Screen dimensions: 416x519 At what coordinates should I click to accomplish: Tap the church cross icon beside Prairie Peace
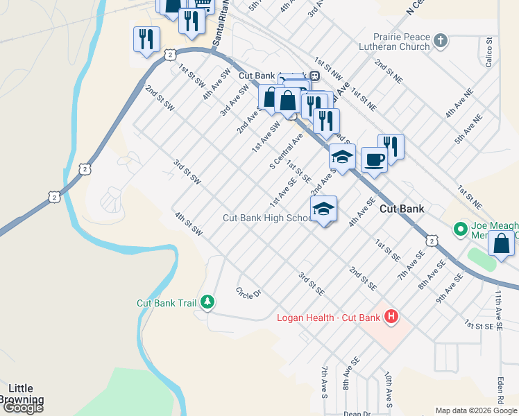440,42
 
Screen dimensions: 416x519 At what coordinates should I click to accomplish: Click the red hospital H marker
391,317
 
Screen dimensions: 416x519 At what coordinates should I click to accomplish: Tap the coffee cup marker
374,160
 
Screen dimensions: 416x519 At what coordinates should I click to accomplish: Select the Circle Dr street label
248,293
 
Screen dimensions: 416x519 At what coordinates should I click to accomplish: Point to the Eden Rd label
500,390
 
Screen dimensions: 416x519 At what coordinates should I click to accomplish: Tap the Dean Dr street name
357,413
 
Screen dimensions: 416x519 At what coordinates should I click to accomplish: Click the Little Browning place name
25,394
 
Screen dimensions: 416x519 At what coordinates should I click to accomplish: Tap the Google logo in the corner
22,408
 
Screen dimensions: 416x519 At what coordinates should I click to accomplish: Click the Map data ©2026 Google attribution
476,410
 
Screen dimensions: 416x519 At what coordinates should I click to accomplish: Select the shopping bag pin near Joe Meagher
501,244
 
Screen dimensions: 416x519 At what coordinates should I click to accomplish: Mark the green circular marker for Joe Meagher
459,228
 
